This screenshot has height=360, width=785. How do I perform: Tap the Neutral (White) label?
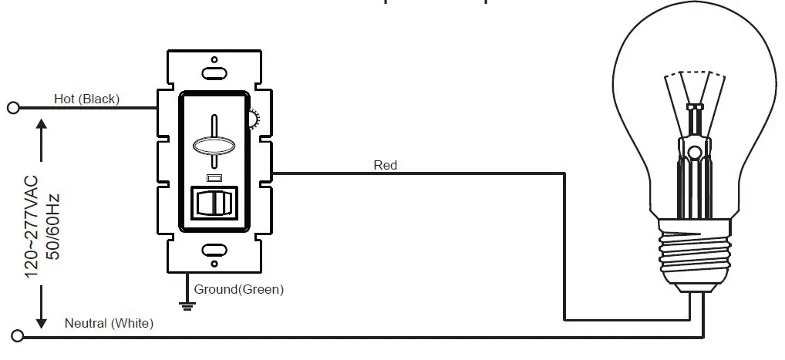click(109, 323)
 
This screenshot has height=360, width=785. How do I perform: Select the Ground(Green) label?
click(239, 290)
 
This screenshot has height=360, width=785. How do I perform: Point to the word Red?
click(385, 164)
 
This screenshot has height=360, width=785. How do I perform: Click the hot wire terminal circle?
click(13, 107)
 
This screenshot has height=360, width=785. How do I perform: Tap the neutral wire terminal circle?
click(18, 337)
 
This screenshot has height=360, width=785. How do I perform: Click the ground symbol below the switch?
click(186, 305)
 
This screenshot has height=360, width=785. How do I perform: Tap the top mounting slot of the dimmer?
click(214, 73)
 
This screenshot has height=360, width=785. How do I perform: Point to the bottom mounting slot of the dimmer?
click(214, 250)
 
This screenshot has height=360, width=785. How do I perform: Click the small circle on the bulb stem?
click(695, 152)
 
